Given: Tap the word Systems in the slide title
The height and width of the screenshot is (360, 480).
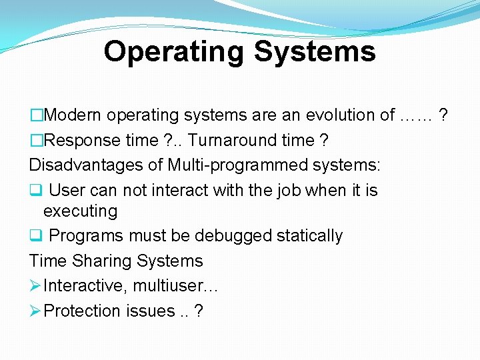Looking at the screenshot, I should pos(317,52).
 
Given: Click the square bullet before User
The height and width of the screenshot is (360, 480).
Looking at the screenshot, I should pos(35,191).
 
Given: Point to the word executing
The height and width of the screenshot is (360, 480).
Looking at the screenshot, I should pos(80,212).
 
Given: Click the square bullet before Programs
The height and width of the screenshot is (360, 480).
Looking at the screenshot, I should pos(35,236).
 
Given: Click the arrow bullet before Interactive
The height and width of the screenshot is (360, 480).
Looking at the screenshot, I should pos(35,286).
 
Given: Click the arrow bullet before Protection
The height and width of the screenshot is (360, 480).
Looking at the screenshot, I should pos(35,311).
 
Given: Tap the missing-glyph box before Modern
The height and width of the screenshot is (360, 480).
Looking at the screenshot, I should pos(37,115).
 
